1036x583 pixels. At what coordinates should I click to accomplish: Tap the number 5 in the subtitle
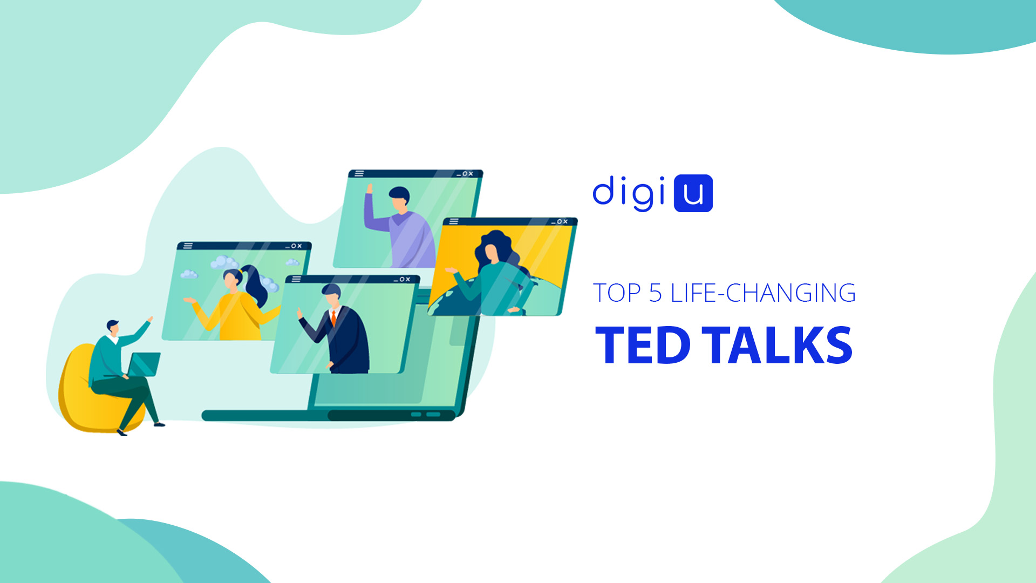(655, 293)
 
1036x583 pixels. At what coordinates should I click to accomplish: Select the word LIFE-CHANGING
(763, 293)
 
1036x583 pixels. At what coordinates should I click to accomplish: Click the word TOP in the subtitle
(617, 293)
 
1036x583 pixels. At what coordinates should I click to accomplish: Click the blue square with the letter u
(693, 193)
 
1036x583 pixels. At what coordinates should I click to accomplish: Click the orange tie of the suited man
(333, 318)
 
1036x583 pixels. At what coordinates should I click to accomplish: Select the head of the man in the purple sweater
(399, 199)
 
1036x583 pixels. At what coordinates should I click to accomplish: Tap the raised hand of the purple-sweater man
(370, 188)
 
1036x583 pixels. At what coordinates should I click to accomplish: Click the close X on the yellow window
(565, 221)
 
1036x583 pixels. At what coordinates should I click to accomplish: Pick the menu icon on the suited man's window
(296, 279)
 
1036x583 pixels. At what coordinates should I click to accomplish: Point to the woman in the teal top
(494, 275)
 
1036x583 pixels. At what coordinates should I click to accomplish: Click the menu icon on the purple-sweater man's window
(359, 174)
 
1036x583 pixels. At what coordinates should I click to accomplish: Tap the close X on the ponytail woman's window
(299, 246)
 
